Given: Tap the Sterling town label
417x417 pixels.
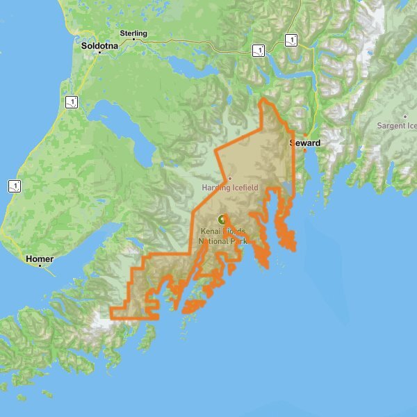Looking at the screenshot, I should tap(133, 33).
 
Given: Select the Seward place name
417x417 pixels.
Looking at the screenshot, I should tap(305, 143).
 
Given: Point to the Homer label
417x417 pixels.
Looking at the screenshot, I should tap(39, 259).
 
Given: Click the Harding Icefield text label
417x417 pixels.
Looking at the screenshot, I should tap(229, 188).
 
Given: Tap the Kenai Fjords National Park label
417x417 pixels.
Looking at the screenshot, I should tap(223, 236).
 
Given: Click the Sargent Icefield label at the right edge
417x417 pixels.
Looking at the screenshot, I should tap(397, 126).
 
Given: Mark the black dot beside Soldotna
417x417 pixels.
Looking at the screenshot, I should tap(99, 52).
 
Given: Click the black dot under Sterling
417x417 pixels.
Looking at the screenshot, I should tap(133, 40).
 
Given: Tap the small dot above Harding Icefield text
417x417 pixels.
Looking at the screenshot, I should tap(229, 179).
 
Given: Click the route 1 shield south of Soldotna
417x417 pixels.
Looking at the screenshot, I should tap(71, 102).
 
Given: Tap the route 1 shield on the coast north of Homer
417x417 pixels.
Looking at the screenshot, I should tap(15, 186).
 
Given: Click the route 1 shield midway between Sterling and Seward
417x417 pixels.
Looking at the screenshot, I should tap(258, 50).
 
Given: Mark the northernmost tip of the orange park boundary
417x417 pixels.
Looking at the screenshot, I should tap(263, 99).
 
